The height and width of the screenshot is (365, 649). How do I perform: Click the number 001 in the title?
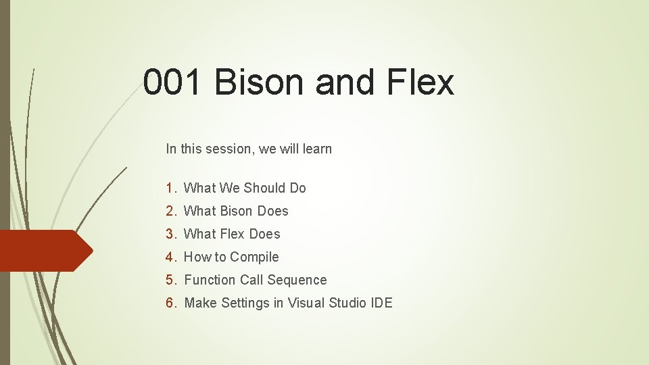(x=173, y=83)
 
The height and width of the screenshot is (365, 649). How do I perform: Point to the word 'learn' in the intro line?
(x=317, y=149)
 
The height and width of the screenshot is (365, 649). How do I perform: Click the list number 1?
(x=170, y=188)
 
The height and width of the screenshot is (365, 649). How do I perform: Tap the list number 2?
(x=170, y=211)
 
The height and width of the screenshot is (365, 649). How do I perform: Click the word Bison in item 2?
(x=237, y=211)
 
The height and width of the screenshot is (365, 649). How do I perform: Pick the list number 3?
(x=170, y=234)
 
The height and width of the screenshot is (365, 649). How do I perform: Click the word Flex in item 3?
(x=233, y=234)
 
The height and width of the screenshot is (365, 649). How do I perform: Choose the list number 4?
(x=170, y=257)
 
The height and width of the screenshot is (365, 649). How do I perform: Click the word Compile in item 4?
(x=254, y=258)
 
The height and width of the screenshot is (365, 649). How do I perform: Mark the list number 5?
(x=170, y=280)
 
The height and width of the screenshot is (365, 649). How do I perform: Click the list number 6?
(x=170, y=303)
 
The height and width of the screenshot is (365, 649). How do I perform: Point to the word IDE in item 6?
(x=381, y=303)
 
